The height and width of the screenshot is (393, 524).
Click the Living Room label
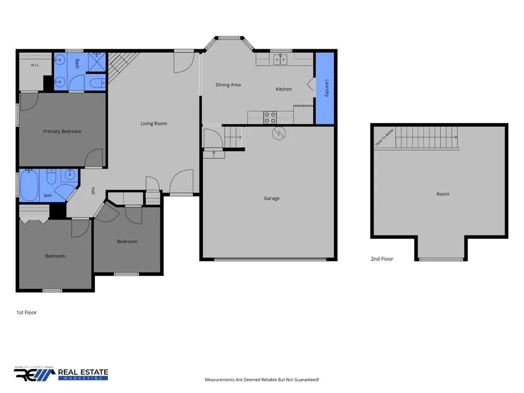[x=154, y=124]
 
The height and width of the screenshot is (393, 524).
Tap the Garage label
[x=271, y=199]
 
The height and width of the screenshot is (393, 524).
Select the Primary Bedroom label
[x=62, y=132]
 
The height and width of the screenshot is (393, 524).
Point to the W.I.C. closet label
[x=35, y=65]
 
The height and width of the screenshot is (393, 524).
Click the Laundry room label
[x=327, y=88]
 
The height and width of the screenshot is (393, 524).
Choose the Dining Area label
[x=228, y=85]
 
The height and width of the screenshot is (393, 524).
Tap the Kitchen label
[x=283, y=89]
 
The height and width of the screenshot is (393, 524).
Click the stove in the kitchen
[x=270, y=117]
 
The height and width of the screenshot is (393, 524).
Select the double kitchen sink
[x=280, y=60]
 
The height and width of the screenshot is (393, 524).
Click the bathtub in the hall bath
[x=29, y=185]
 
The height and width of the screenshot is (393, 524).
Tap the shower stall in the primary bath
[x=97, y=62]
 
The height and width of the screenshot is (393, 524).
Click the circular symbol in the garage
[x=279, y=133]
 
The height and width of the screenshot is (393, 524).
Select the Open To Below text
[x=384, y=137]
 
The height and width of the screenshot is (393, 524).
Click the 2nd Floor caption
[x=382, y=259]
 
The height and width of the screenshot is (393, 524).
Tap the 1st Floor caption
[x=26, y=313]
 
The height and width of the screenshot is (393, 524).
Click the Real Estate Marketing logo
[x=61, y=374]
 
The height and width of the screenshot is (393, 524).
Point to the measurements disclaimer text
[x=262, y=380]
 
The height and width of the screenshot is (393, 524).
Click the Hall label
[x=93, y=191]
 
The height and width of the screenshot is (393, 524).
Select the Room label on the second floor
[x=443, y=194]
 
